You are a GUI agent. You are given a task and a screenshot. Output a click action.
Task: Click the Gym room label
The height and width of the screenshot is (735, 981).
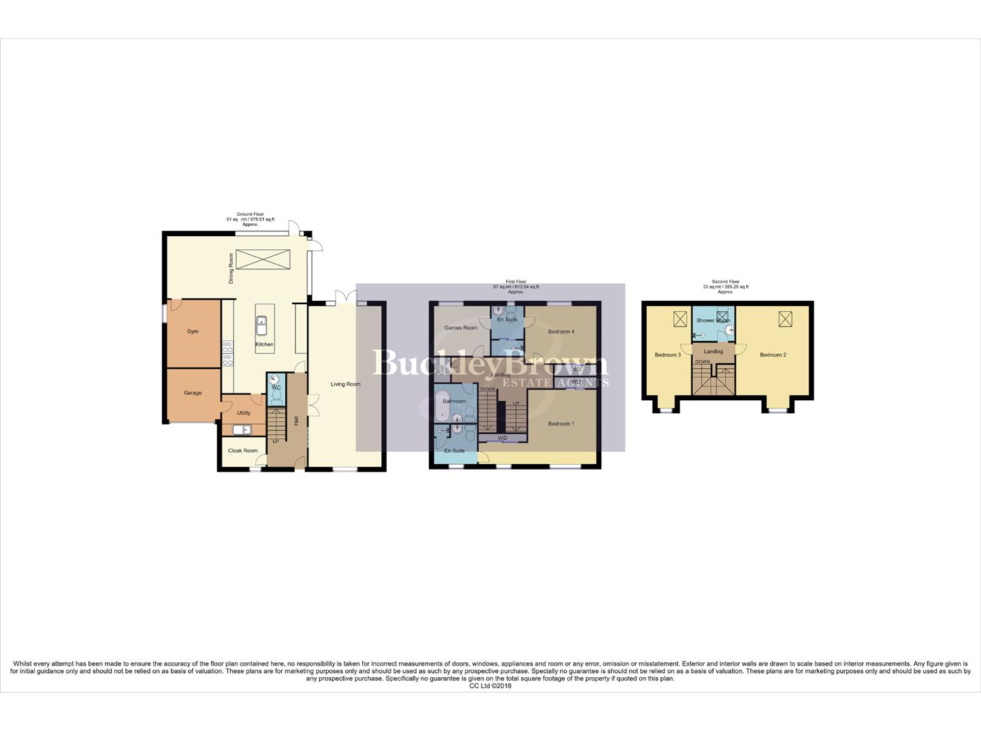pos(193,331)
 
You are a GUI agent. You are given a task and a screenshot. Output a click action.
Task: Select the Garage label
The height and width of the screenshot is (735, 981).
pos(193,393)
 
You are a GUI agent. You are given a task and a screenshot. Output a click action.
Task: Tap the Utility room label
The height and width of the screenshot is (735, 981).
pos(243,413)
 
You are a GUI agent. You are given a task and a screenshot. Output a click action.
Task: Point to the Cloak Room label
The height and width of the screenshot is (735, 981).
pos(242,451)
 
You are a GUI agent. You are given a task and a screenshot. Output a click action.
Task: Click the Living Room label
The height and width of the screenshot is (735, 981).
pos(345,385)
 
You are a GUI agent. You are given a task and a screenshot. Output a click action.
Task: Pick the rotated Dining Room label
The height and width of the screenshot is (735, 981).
pos(231,268)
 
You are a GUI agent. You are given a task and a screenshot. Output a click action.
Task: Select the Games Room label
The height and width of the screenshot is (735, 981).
pos(461,328)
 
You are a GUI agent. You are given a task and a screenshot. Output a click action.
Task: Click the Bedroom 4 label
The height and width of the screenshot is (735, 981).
pos(562,331)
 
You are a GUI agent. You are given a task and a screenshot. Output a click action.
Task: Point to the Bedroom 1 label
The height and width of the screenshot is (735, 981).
pos(561,424)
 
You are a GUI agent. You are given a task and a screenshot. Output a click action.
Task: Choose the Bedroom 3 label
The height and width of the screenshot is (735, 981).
pos(667,355)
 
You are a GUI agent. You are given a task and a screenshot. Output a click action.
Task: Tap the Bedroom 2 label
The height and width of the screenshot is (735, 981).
pos(773,355)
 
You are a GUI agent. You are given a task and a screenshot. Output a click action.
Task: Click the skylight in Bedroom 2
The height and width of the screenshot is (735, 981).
pos(786,318)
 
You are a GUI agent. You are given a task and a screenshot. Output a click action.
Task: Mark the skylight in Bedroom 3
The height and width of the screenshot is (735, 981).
pos(679,318)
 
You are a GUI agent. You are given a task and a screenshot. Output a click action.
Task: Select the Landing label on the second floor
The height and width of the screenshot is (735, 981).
pos(713,352)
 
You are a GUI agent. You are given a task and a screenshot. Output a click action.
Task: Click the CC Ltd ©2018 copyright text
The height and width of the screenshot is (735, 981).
pos(490,686)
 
